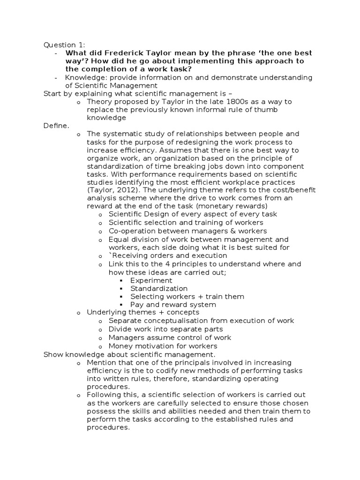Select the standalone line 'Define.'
(x=56, y=126)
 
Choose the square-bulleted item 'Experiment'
(x=151, y=280)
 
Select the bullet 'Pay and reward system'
(x=166, y=304)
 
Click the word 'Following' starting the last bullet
(x=103, y=395)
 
